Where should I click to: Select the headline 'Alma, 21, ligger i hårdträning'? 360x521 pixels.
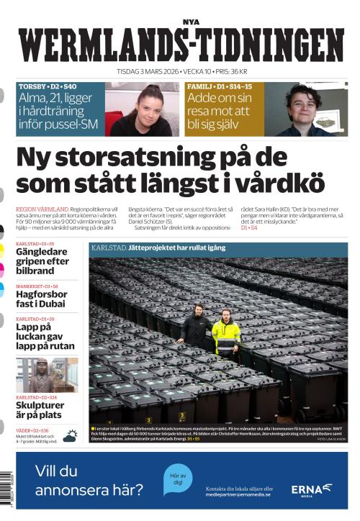click(x=60, y=112)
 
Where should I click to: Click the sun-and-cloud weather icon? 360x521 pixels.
click(x=71, y=435)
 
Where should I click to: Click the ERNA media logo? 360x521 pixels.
click(x=311, y=489)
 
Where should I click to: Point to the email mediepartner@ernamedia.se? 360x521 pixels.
click(x=237, y=495)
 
